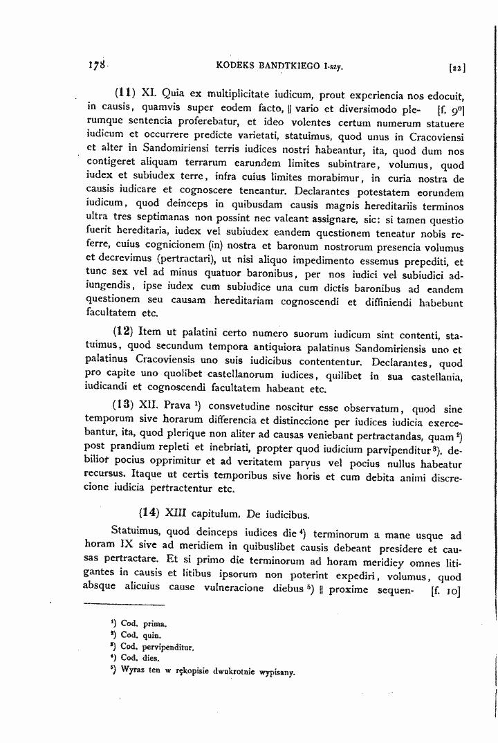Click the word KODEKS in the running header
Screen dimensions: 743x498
click(x=237, y=66)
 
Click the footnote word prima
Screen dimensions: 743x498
click(x=156, y=623)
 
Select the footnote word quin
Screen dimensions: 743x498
click(x=153, y=635)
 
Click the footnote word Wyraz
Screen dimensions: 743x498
click(x=133, y=670)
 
